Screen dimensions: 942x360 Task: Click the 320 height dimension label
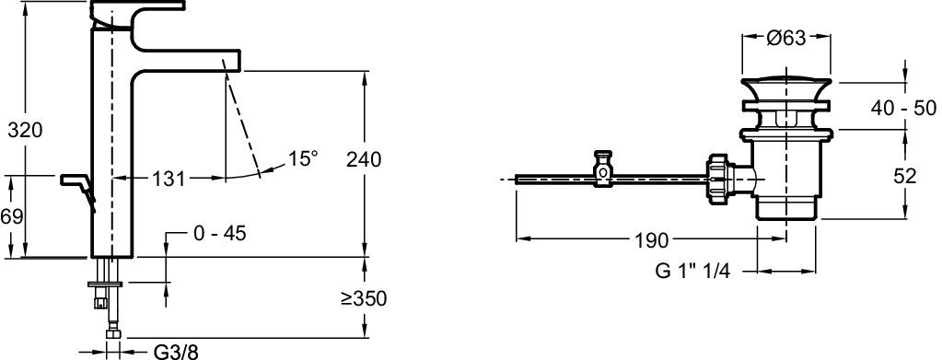tap(25, 130)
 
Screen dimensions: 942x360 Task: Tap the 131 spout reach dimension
tap(167, 179)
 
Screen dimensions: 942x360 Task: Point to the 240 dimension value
tap(364, 160)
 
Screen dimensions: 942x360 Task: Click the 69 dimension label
tap(11, 215)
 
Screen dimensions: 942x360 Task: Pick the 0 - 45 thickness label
tap(220, 233)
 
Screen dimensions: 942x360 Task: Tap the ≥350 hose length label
tap(364, 298)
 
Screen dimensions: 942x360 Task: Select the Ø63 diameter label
tap(785, 38)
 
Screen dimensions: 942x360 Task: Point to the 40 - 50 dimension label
tap(903, 108)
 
